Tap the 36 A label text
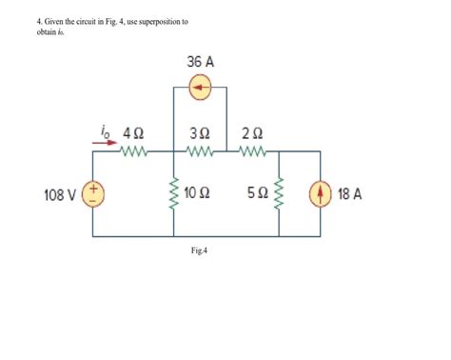pyautogui.click(x=202, y=62)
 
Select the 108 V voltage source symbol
pyautogui.click(x=95, y=195)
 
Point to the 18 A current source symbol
pyautogui.click(x=319, y=195)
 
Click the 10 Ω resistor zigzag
pyautogui.click(x=172, y=194)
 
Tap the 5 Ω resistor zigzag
pyautogui.click(x=278, y=194)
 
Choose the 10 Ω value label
pyautogui.click(x=198, y=194)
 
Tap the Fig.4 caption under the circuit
pyautogui.click(x=199, y=251)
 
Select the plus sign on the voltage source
pyautogui.click(x=95, y=189)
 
